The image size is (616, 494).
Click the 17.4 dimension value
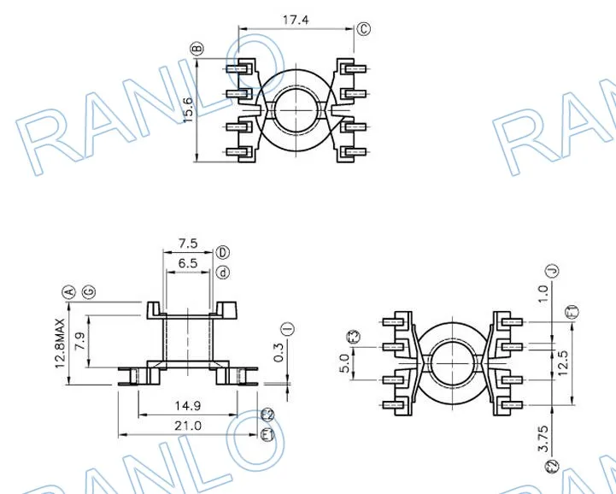(x=296, y=20)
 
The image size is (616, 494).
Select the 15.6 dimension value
(x=188, y=109)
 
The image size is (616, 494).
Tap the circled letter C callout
(x=364, y=29)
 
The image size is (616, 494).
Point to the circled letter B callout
(x=197, y=49)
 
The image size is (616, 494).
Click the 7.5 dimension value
(x=188, y=244)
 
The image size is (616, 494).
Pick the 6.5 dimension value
(x=188, y=263)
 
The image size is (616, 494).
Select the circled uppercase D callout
(x=223, y=252)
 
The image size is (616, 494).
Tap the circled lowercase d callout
(x=223, y=272)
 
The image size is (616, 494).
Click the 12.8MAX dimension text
(x=60, y=343)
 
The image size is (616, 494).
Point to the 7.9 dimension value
(x=79, y=342)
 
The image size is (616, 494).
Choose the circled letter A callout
(x=68, y=292)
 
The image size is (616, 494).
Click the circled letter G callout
(x=89, y=292)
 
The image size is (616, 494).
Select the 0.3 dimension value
(x=279, y=352)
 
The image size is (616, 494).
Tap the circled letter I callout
(x=288, y=328)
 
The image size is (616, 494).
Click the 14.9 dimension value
(x=188, y=406)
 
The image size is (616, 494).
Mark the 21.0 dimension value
(x=188, y=426)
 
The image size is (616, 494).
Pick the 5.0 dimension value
(x=344, y=363)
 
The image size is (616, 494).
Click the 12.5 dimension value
(x=563, y=362)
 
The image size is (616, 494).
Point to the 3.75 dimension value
(x=543, y=438)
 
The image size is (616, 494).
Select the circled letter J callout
(x=553, y=271)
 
